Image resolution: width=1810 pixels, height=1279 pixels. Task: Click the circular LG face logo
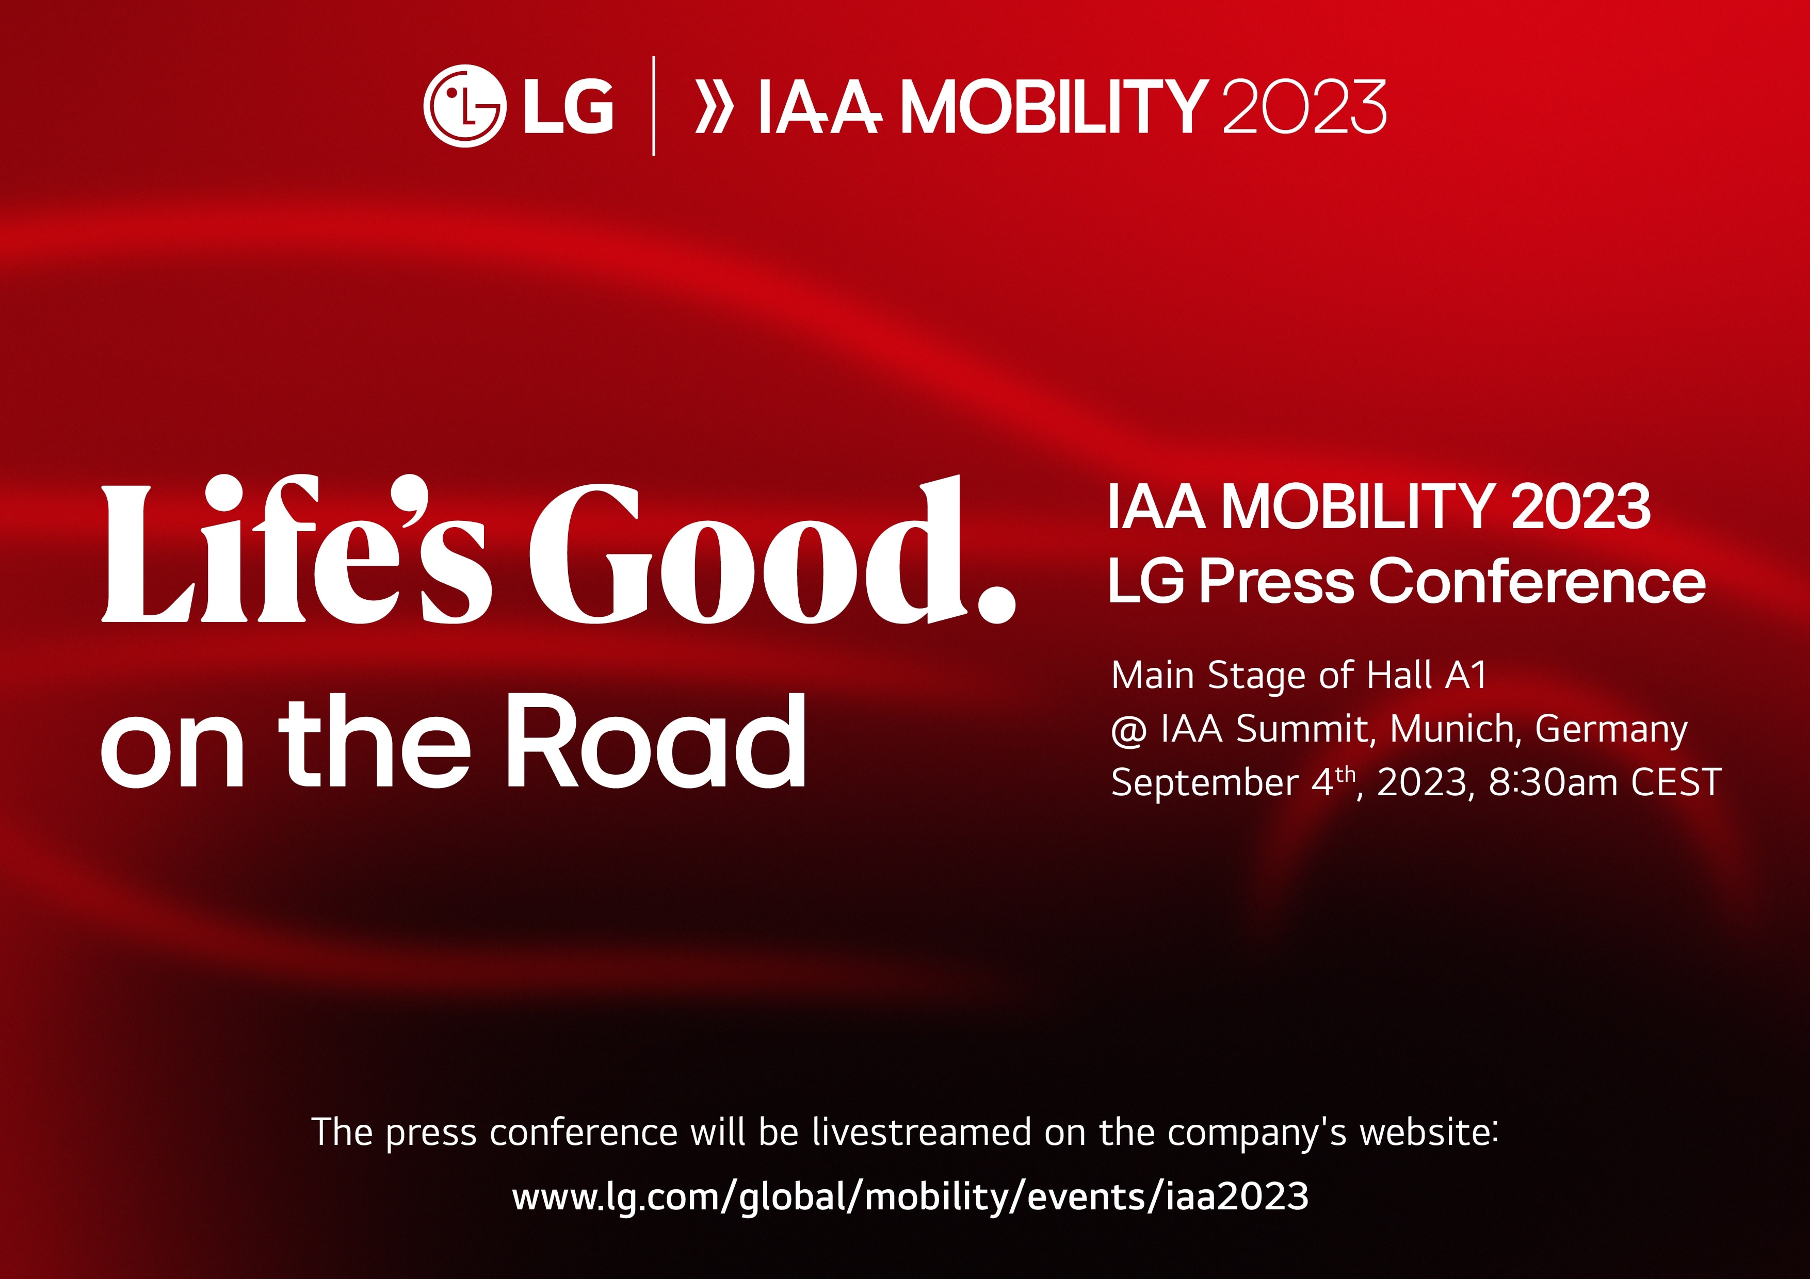[x=463, y=106]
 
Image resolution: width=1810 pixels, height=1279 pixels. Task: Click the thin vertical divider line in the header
[x=654, y=106]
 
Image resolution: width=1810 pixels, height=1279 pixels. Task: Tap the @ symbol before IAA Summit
[x=1128, y=730]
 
